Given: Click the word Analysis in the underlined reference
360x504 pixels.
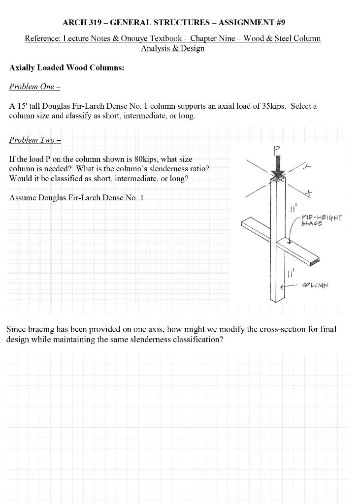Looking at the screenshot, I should coord(154,48).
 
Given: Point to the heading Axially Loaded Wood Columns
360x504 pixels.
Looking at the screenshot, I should coord(66,68).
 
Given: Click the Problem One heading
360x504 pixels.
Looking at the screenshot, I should coord(34,87).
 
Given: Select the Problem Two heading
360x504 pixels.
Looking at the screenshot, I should coord(35,140).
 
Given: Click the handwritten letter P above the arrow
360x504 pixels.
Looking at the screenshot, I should coord(277,150).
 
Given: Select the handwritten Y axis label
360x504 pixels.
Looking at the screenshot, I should coord(307,167).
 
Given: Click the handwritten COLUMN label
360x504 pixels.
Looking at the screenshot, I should coord(315,285).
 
